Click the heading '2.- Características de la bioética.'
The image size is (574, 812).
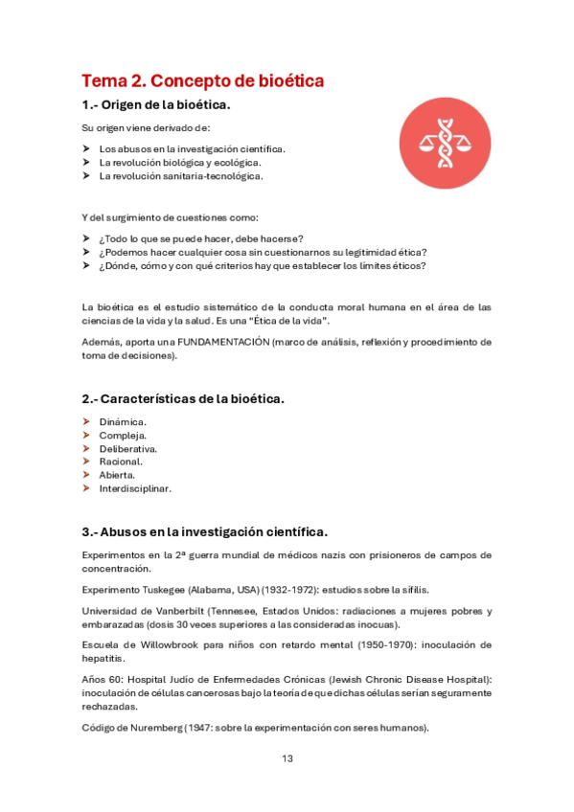[x=182, y=397]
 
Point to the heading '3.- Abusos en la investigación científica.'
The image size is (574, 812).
[x=204, y=531]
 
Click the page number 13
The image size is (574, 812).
[x=287, y=759]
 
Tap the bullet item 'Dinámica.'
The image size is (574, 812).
[x=123, y=421]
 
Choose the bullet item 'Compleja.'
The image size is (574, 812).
[x=123, y=435]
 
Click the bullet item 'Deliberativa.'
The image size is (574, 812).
[x=128, y=448]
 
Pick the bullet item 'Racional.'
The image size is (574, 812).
[x=121, y=462]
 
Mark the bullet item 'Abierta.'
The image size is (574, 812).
[x=117, y=475]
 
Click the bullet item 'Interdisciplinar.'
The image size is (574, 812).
[x=135, y=488]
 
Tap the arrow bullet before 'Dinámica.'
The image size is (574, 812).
[x=86, y=421]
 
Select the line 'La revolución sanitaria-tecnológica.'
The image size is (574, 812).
[x=181, y=175]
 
